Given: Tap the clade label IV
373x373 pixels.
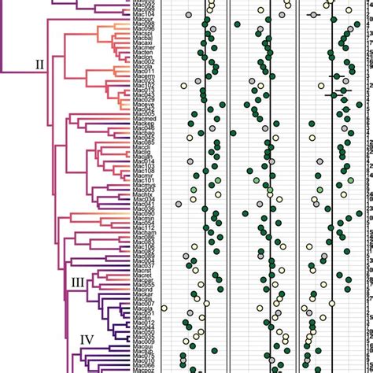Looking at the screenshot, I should tap(89, 340).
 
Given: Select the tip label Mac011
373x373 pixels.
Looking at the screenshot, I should tap(143, 72).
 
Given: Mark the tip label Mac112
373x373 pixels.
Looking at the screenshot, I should tap(143, 228).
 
